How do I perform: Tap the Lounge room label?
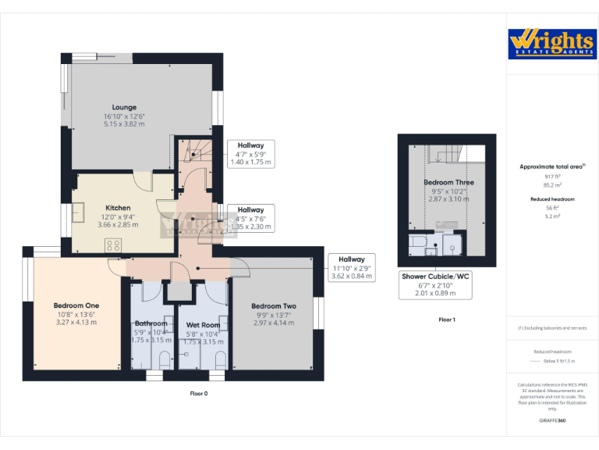[x=124, y=108]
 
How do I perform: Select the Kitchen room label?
[x=118, y=209]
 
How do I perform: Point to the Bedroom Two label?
[x=274, y=305]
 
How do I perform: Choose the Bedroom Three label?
[x=448, y=183]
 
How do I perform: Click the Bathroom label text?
[x=151, y=323]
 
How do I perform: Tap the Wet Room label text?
[x=203, y=324]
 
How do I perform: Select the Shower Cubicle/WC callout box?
[x=437, y=284]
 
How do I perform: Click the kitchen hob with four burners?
[x=113, y=245]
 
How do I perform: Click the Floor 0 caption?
[x=200, y=393]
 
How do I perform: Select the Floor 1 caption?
[x=447, y=320]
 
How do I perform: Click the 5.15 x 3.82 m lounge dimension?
[x=124, y=123]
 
